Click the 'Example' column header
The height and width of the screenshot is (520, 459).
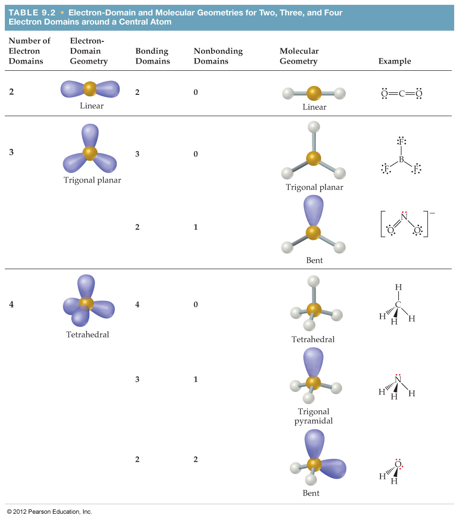pos(394,61)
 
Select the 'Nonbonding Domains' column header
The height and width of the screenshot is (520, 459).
pos(218,56)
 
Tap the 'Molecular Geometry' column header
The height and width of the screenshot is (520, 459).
pos(299,56)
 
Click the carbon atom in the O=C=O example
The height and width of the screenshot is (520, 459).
pos(401,93)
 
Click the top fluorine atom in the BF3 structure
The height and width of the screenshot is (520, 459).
pos(401,142)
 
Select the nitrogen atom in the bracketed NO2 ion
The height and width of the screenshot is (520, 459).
pos(404,217)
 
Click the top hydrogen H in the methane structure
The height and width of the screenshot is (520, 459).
pos(398,287)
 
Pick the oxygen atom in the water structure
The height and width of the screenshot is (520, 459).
pos(398,464)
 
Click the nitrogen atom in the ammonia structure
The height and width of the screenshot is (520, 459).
pos(398,380)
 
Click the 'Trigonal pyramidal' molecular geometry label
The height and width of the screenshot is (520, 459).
pos(313,416)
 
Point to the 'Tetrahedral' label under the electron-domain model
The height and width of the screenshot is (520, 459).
pos(88,335)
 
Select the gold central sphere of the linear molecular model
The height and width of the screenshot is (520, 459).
pos(313,93)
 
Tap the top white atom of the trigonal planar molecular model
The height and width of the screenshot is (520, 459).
pos(314,127)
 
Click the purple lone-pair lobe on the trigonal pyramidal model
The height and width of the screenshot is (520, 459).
pos(313,361)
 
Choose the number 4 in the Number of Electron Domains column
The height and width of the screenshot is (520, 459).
pos(12,304)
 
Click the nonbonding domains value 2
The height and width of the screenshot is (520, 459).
pos(196,459)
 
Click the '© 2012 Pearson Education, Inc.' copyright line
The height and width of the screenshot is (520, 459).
pos(49,512)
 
